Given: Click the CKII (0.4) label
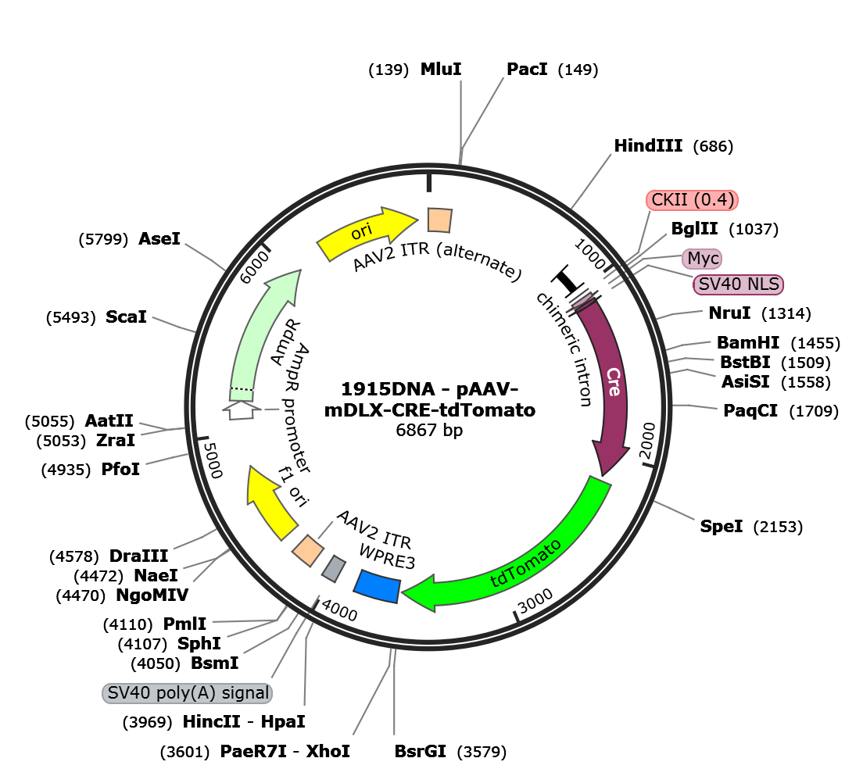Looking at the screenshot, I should (x=693, y=200).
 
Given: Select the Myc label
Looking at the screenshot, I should (x=702, y=258).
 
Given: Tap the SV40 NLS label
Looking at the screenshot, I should (x=738, y=284).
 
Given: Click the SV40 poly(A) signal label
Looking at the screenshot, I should (x=188, y=693).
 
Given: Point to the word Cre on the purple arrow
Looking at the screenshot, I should (x=614, y=381).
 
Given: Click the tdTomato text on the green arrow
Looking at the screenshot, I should (x=525, y=563).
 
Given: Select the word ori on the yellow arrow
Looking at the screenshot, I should (x=360, y=231).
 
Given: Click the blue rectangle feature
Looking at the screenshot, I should (x=378, y=586).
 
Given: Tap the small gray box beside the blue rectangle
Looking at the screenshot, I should (x=335, y=568).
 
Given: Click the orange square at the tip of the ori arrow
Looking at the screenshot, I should (x=439, y=220).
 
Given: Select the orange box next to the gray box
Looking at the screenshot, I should (x=308, y=550).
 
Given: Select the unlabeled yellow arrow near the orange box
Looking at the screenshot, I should (x=269, y=502).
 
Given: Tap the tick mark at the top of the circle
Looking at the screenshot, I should (x=428, y=183).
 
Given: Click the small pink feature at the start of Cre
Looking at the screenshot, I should (x=582, y=299).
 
